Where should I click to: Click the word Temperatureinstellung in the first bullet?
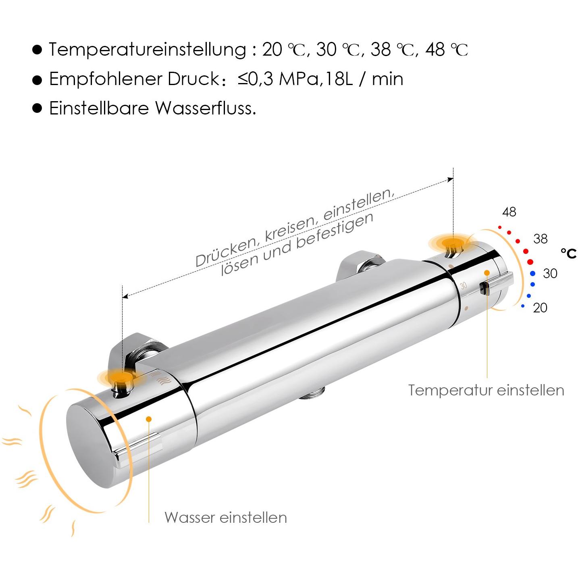click(147, 50)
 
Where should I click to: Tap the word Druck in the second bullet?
click(194, 79)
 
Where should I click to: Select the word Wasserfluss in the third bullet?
click(206, 108)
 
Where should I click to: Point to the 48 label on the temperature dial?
click(509, 212)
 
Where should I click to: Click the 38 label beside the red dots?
click(540, 239)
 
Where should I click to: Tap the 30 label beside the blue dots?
click(550, 273)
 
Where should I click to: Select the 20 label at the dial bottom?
click(540, 308)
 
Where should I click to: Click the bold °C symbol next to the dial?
click(569, 254)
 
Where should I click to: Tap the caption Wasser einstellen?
click(226, 518)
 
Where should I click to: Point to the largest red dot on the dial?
click(530, 262)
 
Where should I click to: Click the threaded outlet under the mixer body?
click(312, 393)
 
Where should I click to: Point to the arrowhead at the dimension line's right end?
click(450, 180)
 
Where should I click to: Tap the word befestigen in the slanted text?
click(335, 231)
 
